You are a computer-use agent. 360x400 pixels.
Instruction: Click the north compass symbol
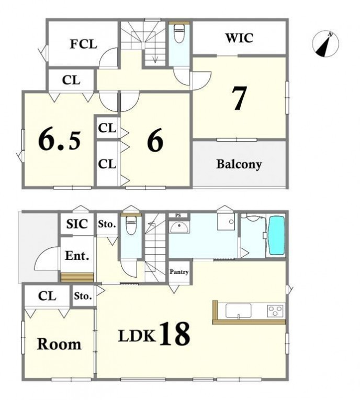coord(325,43)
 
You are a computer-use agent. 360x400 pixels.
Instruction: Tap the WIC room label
coord(239,38)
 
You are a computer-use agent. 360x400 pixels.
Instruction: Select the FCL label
coord(84,44)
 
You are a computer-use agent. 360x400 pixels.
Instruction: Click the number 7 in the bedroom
coord(240,98)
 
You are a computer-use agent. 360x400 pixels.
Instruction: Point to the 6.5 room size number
coord(60,140)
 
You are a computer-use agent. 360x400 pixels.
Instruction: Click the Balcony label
coord(239,164)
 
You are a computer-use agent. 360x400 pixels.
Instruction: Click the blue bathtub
coord(277,235)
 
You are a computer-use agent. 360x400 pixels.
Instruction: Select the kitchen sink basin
coord(238,311)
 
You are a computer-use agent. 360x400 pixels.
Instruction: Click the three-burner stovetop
coord(275,311)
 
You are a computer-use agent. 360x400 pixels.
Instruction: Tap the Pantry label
coord(179,272)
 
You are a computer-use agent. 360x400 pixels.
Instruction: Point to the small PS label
coord(178,215)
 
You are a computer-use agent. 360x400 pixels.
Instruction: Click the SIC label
coord(77,224)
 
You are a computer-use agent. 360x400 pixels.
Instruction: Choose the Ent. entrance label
coord(77,256)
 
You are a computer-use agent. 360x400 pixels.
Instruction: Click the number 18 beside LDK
coord(175,334)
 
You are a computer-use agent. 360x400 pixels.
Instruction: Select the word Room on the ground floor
coord(59,344)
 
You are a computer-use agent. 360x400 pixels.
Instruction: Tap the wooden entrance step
coord(77,277)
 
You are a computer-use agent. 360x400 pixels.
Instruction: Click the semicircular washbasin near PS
coord(179,227)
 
